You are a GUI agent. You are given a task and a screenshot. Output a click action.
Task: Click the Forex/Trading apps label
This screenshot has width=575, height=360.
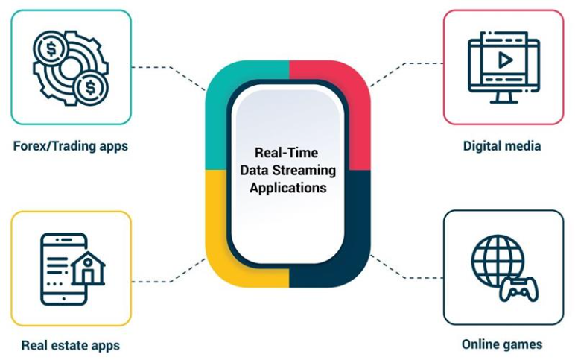tap(71, 146)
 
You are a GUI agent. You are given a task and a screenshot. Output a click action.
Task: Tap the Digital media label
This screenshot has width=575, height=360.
tap(502, 145)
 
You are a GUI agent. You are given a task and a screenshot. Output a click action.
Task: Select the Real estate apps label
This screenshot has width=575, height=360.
tap(71, 345)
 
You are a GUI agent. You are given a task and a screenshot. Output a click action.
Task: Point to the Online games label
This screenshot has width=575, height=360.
tap(502, 344)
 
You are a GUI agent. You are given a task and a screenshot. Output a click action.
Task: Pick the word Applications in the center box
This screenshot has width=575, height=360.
tap(288, 188)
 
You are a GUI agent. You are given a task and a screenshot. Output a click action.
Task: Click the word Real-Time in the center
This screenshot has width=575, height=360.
tap(287, 152)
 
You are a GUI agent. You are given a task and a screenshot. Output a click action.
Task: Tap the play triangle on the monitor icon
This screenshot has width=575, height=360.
tap(505, 60)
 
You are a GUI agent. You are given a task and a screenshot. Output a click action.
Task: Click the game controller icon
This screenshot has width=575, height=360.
tap(519, 290)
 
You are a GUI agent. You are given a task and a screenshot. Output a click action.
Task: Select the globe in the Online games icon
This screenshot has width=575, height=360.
tap(497, 261)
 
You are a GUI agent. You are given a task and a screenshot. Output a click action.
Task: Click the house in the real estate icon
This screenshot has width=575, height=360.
tap(88, 268)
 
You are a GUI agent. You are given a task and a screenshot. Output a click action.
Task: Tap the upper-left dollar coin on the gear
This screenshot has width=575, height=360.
tap(51, 48)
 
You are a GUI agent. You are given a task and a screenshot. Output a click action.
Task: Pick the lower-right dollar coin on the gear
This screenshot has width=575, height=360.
tap(90, 88)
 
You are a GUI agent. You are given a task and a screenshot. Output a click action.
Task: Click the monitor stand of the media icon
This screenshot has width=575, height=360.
tap(504, 97)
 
